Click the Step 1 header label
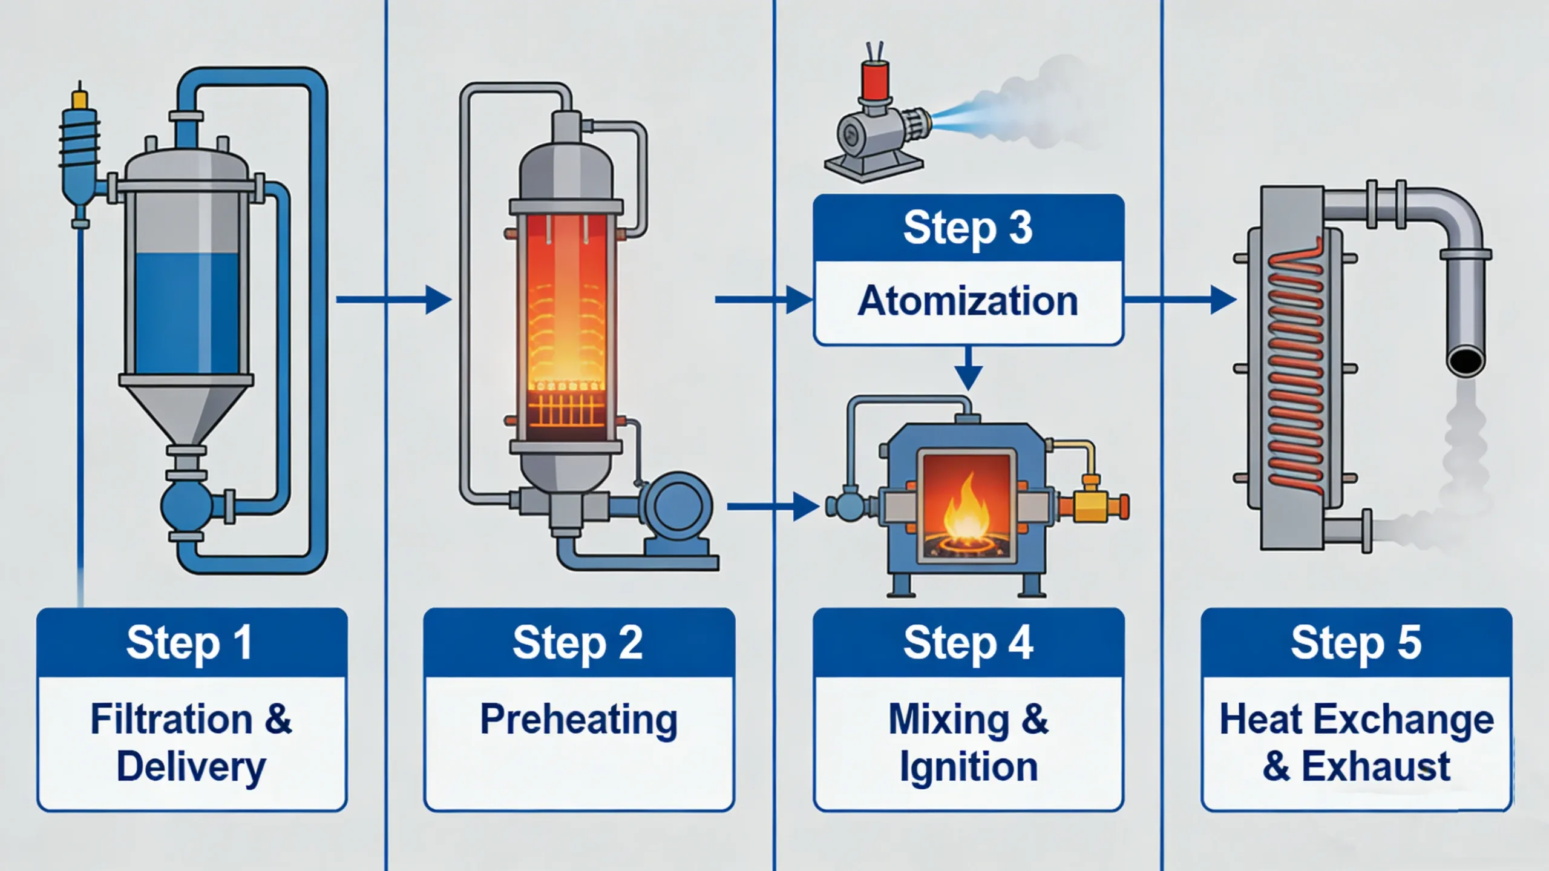click(x=189, y=643)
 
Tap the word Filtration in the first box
click(x=171, y=720)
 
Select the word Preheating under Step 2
click(x=578, y=720)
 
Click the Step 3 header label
click(x=968, y=228)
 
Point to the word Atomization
click(x=968, y=301)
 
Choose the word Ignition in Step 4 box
click(x=968, y=767)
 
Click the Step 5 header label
click(x=1356, y=643)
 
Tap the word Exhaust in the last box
click(x=1375, y=767)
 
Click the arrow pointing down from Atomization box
click(x=968, y=369)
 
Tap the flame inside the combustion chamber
click(x=966, y=511)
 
